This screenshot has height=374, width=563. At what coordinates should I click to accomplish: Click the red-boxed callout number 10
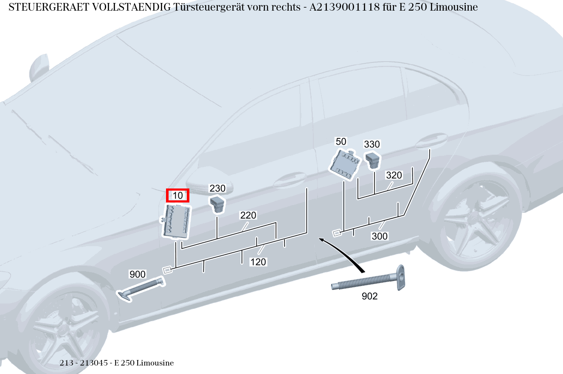coord(177,195)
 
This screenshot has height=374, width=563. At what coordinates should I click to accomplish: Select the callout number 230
coord(217,188)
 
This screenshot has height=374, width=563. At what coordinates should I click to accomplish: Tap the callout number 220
coord(248,215)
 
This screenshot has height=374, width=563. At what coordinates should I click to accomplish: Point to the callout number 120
coord(258,262)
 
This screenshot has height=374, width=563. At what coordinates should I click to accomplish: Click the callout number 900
coord(138,274)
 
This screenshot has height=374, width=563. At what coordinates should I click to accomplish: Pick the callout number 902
coord(369,296)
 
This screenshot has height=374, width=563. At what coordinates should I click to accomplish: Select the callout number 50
coord(341,141)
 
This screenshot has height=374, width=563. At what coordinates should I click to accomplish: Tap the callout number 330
coord(372,144)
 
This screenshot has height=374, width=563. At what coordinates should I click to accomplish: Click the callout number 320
coord(394,175)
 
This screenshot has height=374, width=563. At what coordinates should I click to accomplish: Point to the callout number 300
coord(380,236)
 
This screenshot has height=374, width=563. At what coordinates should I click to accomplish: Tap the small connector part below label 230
coord(217,204)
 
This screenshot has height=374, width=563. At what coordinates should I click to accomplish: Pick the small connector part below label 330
coord(373,160)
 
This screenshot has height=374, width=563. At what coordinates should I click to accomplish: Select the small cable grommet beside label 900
coord(140,289)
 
